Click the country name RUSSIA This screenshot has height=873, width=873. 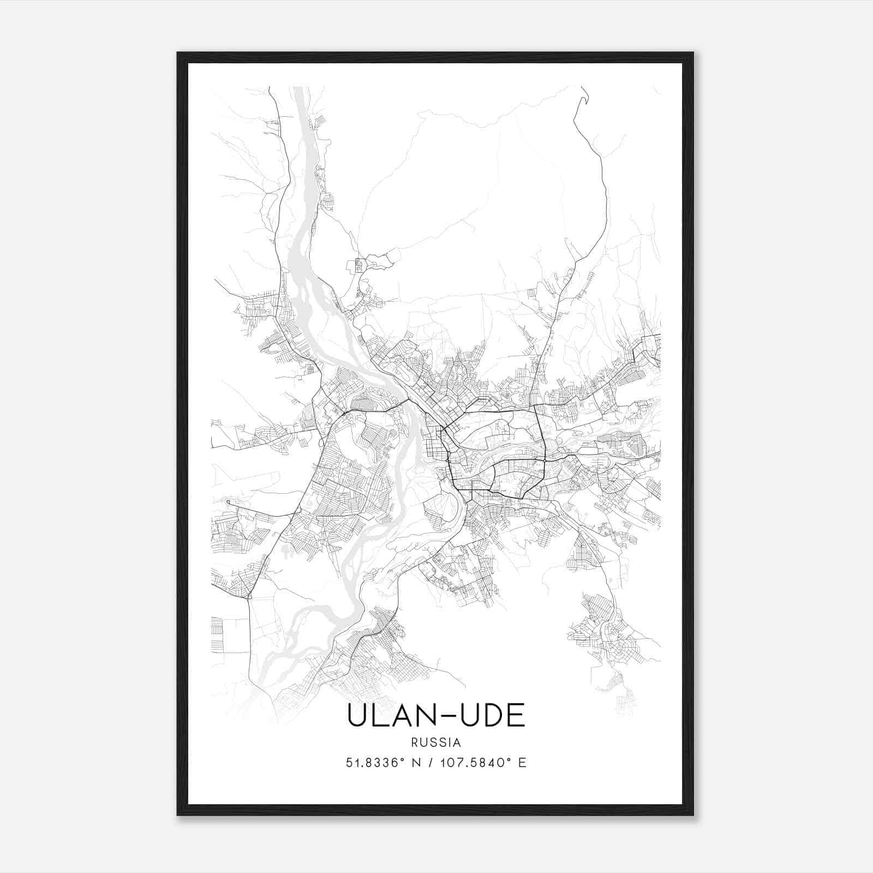click(x=436, y=743)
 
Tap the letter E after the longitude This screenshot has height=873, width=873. click(x=523, y=763)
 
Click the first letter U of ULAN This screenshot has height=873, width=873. click(x=356, y=715)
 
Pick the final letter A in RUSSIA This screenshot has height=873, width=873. click(x=457, y=743)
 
